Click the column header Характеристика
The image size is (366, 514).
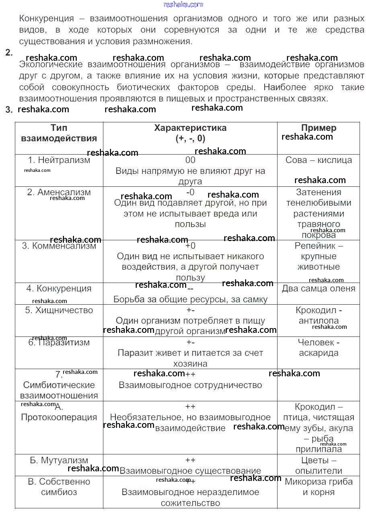tap(190, 128)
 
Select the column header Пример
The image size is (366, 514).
tap(319, 128)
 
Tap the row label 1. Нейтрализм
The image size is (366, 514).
tap(59, 160)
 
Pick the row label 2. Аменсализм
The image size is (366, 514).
tap(59, 192)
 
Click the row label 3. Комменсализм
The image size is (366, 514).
tap(59, 246)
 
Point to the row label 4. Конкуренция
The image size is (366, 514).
tap(59, 289)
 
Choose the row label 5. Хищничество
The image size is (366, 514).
tap(59, 310)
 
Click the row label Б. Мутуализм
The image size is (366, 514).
tap(59, 460)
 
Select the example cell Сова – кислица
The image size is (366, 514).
tap(319, 160)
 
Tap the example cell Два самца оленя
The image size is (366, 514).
tap(319, 289)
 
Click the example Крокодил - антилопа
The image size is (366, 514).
tap(319, 316)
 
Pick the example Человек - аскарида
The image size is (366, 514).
tap(319, 348)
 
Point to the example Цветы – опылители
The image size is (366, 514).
tap(319, 466)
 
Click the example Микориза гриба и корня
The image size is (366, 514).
tap(319, 487)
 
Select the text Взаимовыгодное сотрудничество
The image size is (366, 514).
tap(190, 385)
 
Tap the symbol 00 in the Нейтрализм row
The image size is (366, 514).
tap(190, 160)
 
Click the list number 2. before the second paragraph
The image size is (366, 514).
tap(9, 53)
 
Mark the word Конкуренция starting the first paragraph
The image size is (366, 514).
tap(47, 19)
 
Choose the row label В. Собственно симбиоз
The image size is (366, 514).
tap(59, 487)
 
